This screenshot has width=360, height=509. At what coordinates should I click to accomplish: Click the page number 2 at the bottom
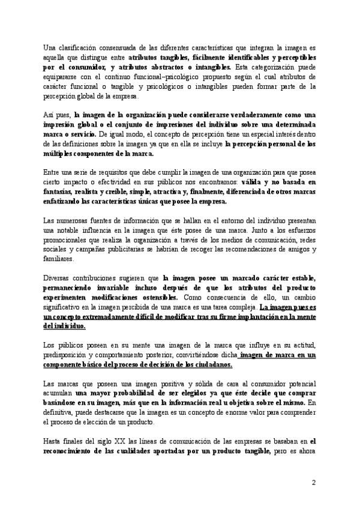tap(313, 483)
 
